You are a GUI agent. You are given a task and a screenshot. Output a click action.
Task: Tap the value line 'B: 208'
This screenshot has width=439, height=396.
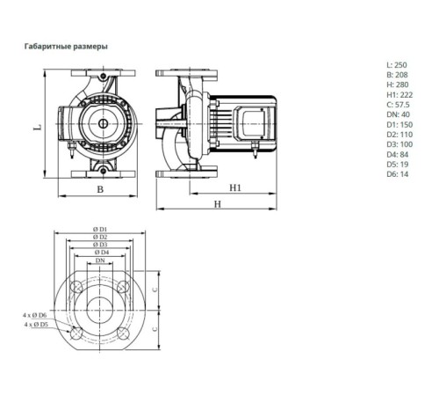pos(397,77)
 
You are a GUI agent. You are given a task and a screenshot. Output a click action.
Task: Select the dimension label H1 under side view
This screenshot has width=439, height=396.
pos(235,187)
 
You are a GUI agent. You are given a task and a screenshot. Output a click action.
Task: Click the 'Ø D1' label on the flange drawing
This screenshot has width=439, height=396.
pos(101,229)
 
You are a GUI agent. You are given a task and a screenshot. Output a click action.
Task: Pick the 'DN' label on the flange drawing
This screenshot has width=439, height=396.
pos(101,261)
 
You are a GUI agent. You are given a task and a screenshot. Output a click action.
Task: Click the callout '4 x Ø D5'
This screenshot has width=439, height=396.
pos(36,325)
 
